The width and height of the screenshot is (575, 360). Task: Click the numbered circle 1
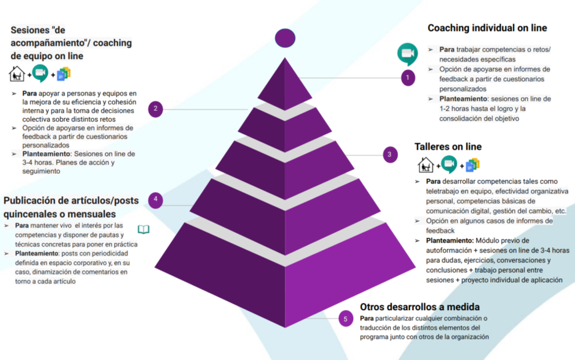click(408, 77)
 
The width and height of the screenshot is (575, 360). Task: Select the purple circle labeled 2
click(155, 109)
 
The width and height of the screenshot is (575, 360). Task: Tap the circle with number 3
click(390, 154)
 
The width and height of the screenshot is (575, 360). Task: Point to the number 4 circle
click(155, 200)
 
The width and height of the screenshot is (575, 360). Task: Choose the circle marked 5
click(346, 318)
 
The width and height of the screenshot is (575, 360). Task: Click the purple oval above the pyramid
click(285, 38)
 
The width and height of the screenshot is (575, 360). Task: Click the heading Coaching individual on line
click(487, 28)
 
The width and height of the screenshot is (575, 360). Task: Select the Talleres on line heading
click(448, 146)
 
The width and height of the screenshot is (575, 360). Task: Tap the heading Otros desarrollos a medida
click(419, 307)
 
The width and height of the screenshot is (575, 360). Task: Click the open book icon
click(143, 229)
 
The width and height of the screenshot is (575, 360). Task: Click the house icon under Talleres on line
click(426, 165)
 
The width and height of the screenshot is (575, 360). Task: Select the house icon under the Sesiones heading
click(17, 74)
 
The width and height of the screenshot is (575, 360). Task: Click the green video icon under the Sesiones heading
click(40, 74)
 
